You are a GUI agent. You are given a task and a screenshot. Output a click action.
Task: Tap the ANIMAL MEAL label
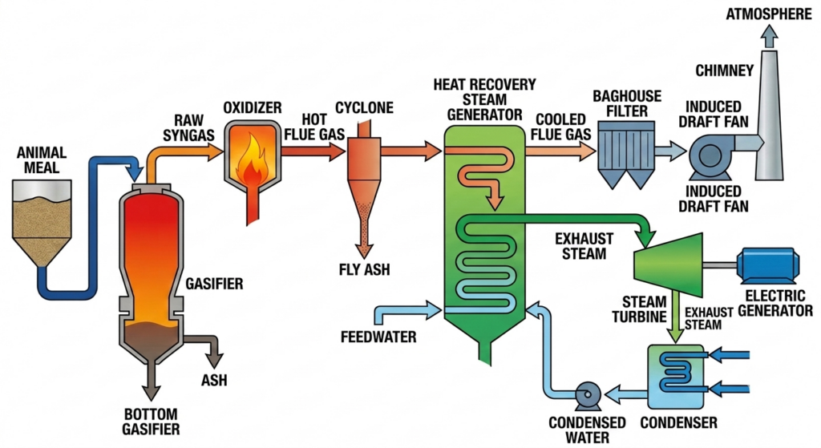[x=42, y=160]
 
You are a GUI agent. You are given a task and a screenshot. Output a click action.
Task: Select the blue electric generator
[x=767, y=265]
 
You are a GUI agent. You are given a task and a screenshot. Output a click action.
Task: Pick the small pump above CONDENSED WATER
[x=588, y=396]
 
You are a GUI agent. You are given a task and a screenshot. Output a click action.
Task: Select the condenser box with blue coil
[x=676, y=377]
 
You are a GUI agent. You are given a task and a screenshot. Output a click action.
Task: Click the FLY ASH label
[x=365, y=269]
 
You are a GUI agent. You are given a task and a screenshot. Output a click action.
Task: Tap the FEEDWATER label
[x=378, y=337]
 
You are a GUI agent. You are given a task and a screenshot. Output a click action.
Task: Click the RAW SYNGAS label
[x=188, y=127]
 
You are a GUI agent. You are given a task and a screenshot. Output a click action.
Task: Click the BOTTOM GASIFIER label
[x=151, y=422]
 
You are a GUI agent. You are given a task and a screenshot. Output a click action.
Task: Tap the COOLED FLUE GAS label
[x=560, y=127]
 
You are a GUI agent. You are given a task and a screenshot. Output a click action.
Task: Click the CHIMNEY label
[x=724, y=71]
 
